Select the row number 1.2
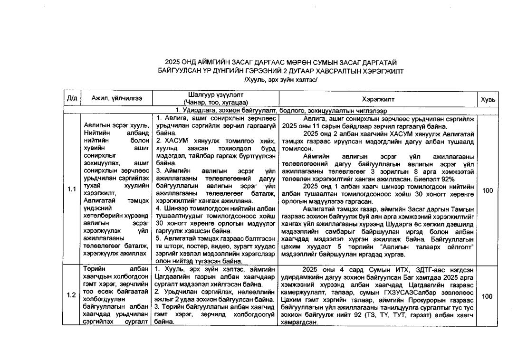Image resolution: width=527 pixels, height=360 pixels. point(72,295)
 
